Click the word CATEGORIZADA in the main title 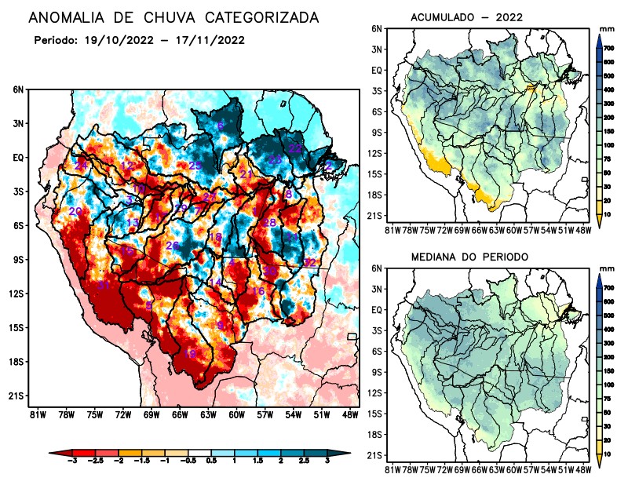click(253, 16)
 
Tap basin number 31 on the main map click(104, 285)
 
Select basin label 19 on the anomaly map click(189, 354)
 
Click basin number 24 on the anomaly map click(81, 165)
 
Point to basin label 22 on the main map click(295, 148)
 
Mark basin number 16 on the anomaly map click(257, 291)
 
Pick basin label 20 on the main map click(75, 212)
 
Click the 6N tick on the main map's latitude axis click(18, 90)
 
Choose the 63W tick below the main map click(208, 414)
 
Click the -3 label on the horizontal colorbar click(72, 465)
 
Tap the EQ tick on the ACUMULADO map click(377, 70)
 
